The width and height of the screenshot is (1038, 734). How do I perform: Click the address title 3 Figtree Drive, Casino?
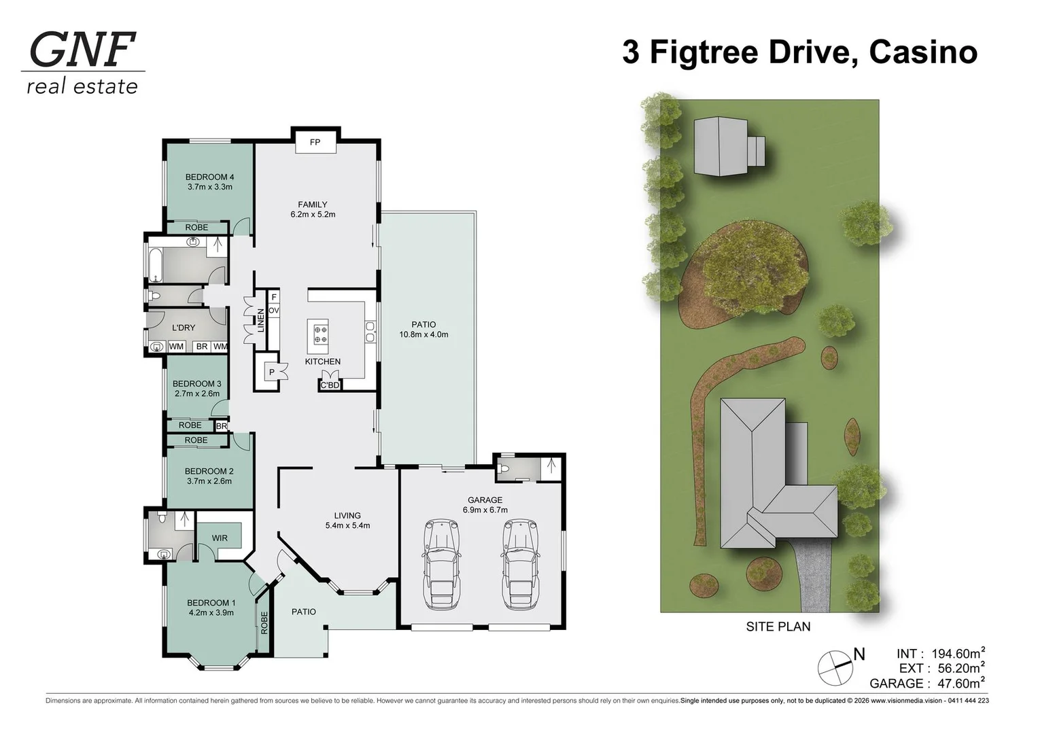tap(799, 52)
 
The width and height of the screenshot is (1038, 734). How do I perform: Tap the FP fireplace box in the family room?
tap(315, 142)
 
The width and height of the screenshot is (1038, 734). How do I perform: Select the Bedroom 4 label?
tap(209, 177)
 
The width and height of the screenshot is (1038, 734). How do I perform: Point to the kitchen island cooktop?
tap(319, 334)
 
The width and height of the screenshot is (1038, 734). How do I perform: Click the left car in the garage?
tap(441, 563)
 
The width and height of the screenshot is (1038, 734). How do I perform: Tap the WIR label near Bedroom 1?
tap(220, 538)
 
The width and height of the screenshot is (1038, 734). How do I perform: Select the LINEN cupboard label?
tap(260, 321)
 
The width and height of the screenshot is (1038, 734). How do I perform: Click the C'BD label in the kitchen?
tap(330, 385)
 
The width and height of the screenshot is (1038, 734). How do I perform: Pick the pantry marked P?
tap(272, 372)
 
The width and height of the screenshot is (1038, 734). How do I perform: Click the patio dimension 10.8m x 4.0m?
tap(423, 334)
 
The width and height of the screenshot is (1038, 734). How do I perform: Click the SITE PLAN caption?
tap(778, 627)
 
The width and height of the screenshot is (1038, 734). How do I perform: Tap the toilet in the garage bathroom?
tap(504, 468)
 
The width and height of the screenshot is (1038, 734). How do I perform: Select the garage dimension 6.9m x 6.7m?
tap(485, 510)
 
